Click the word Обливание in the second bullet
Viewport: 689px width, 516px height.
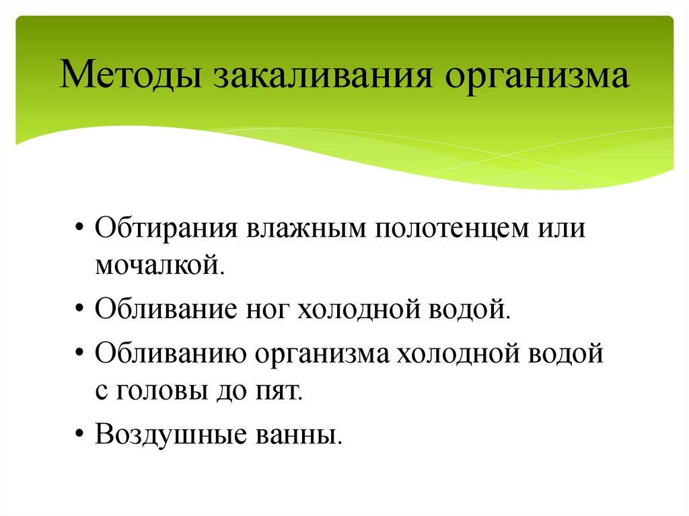tap(165, 310)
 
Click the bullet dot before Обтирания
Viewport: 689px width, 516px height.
tap(79, 227)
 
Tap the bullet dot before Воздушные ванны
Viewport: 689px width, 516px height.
tap(79, 435)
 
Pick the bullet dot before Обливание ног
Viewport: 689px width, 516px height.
tap(79, 311)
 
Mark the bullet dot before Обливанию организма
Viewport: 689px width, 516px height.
tap(79, 353)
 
